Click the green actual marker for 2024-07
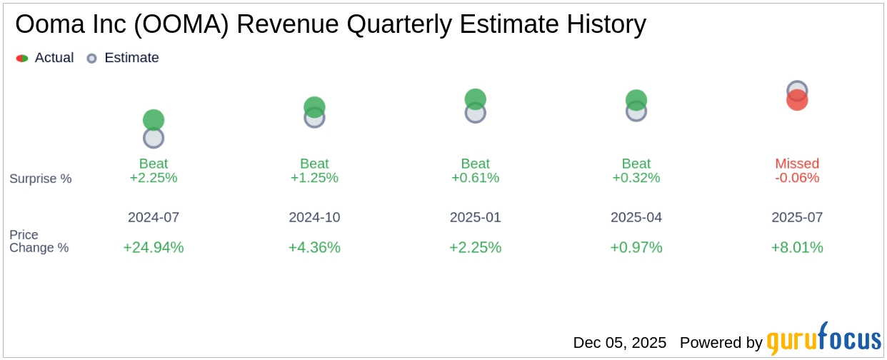click(x=154, y=120)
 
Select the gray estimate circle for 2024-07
click(x=154, y=139)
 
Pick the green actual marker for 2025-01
click(x=476, y=99)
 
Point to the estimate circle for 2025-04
click(x=636, y=112)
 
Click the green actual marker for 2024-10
click(x=314, y=106)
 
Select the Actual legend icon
click(x=22, y=59)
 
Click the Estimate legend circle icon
click(x=91, y=59)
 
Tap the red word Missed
click(x=797, y=164)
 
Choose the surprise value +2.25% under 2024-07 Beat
click(x=154, y=178)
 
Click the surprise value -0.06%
click(x=797, y=178)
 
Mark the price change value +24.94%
click(x=154, y=247)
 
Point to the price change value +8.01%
click(x=797, y=247)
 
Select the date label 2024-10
click(x=314, y=217)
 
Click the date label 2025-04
click(x=636, y=217)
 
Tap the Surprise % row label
click(x=41, y=179)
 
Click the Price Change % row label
click(x=39, y=241)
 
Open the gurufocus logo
click(x=823, y=340)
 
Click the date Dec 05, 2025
click(x=619, y=343)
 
